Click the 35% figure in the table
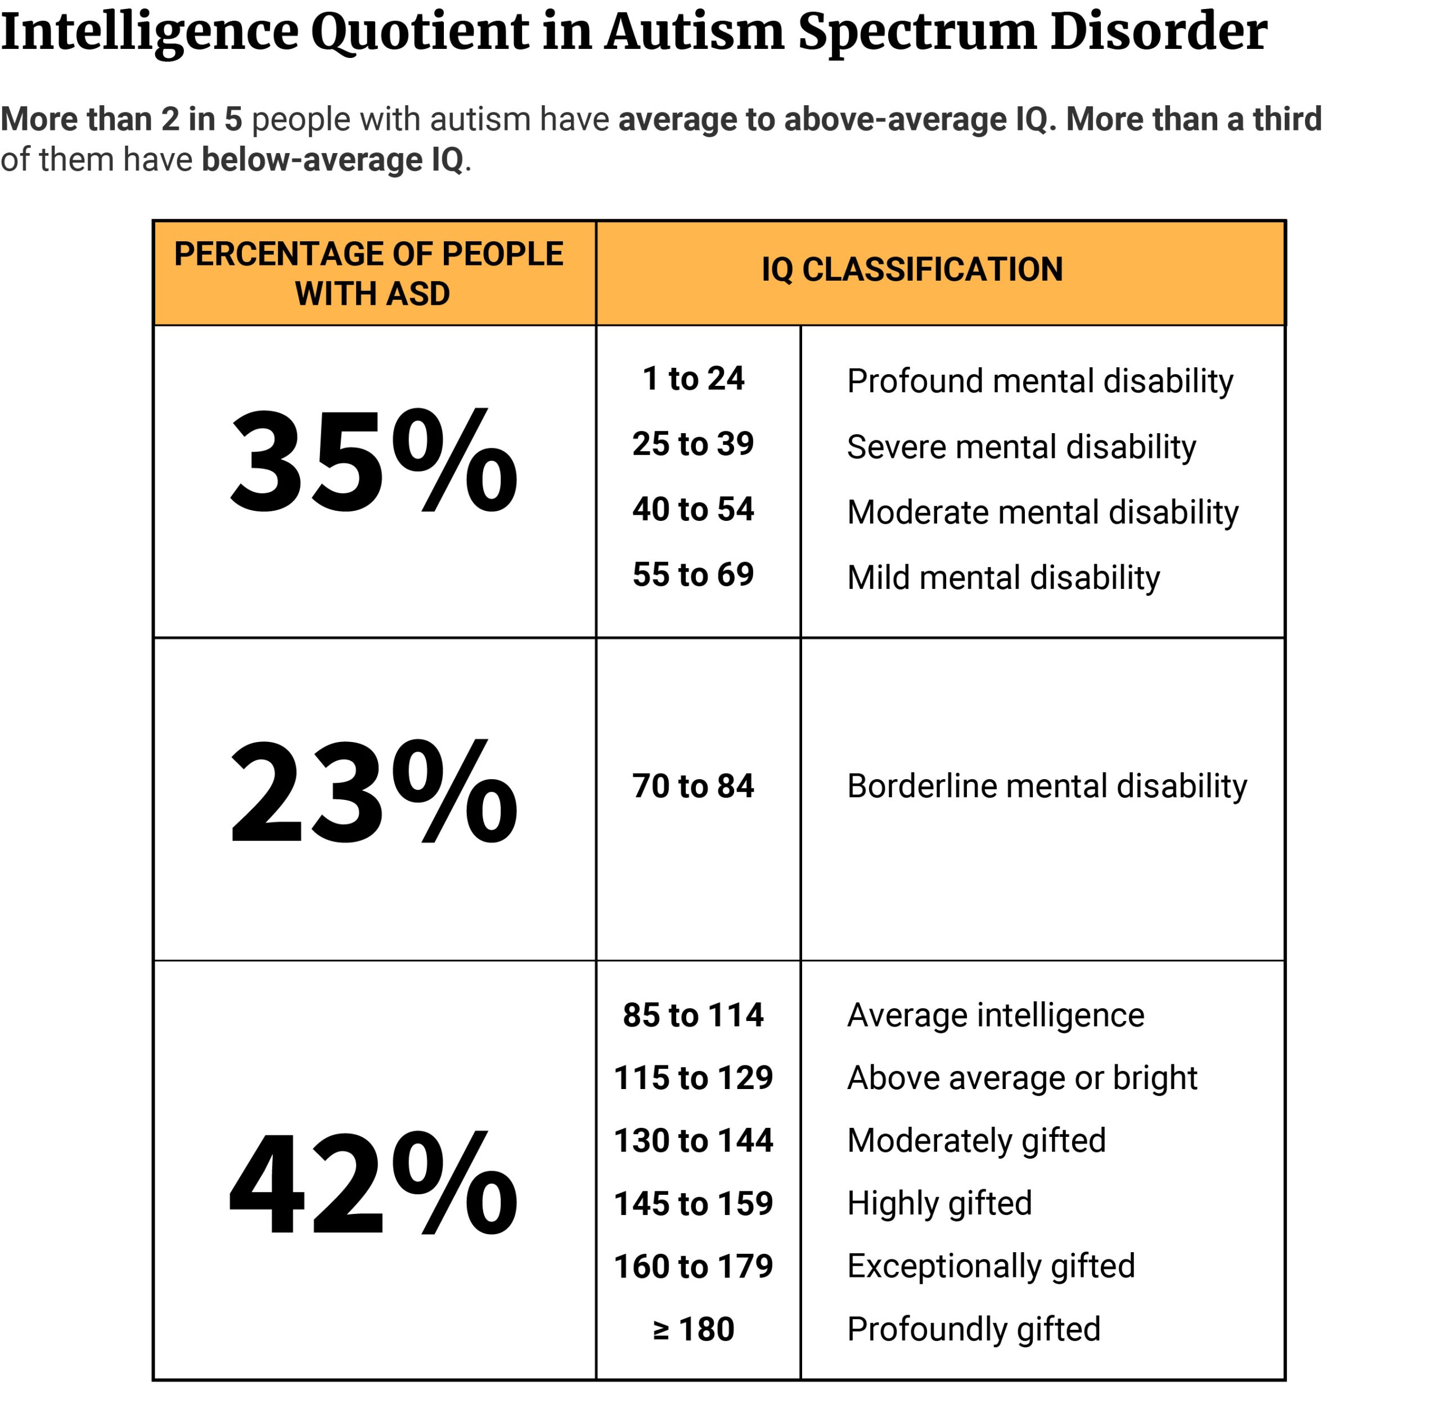pyautogui.click(x=373, y=462)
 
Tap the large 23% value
pyautogui.click(x=373, y=791)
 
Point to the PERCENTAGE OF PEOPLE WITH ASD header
pyautogui.click(x=370, y=273)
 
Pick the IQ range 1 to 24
pyautogui.click(x=693, y=379)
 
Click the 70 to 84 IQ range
pyautogui.click(x=693, y=786)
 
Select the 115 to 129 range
pyautogui.click(x=693, y=1078)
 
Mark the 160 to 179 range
pyautogui.click(x=693, y=1266)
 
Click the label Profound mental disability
pyautogui.click(x=1039, y=381)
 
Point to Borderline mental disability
pyautogui.click(x=1046, y=786)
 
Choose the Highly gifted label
pyautogui.click(x=939, y=1204)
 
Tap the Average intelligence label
pyautogui.click(x=995, y=1015)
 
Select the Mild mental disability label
pyautogui.click(x=1003, y=578)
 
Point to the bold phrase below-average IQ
pyautogui.click(x=332, y=160)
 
